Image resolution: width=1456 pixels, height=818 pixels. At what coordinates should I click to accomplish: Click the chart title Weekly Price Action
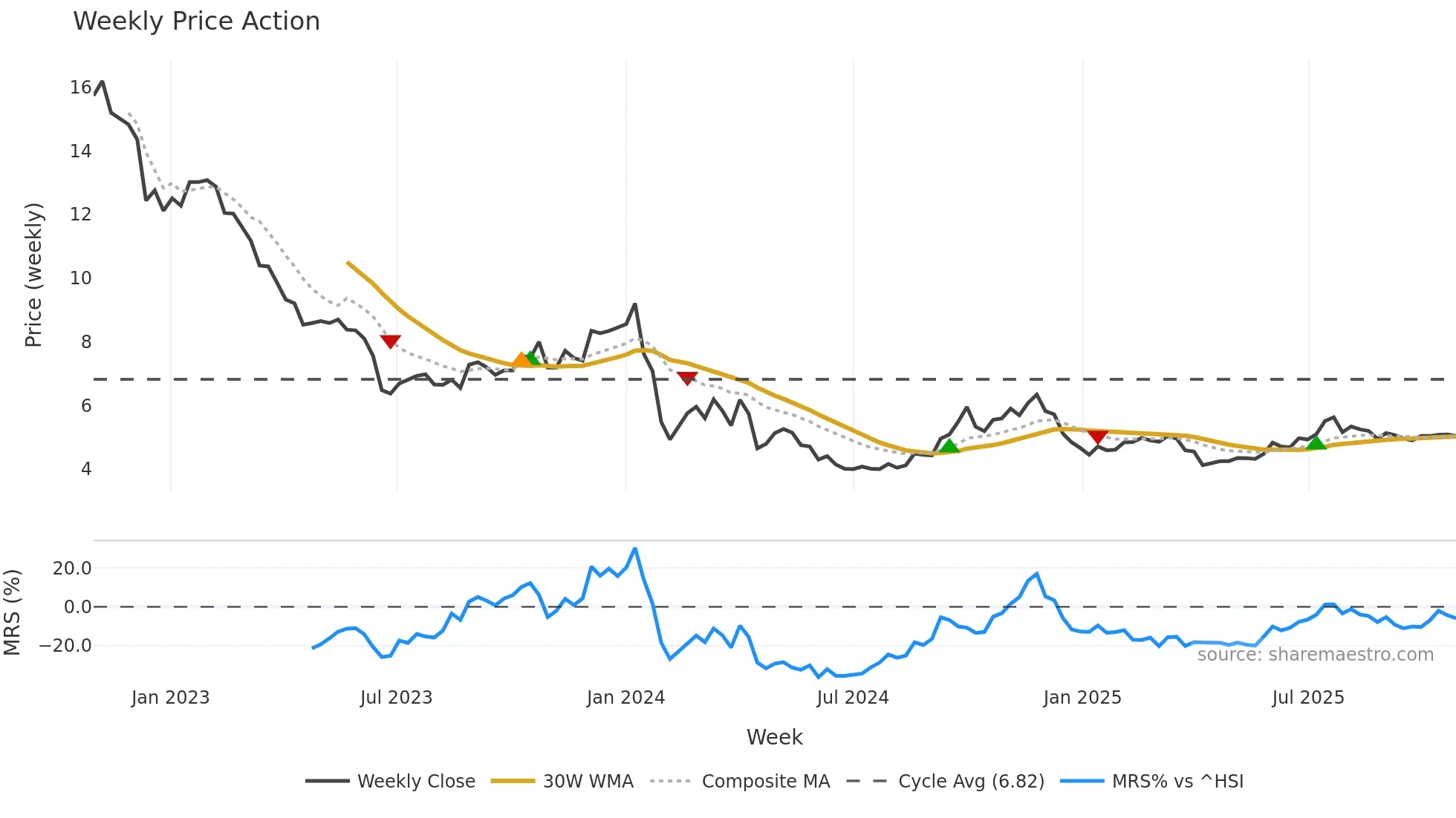tap(196, 22)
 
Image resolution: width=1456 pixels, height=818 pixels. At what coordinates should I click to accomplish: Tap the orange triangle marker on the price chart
tap(521, 360)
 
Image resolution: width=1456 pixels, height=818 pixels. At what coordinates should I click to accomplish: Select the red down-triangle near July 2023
tap(391, 341)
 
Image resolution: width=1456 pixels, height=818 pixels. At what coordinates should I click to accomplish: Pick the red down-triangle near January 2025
tap(1098, 436)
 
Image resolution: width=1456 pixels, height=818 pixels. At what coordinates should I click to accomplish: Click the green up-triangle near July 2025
tap(1316, 443)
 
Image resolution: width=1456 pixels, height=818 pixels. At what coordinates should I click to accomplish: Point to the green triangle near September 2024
tap(949, 446)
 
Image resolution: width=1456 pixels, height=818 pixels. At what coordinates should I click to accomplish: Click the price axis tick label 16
tap(80, 88)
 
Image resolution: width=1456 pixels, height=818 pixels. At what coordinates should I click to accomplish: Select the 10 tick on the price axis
tap(80, 278)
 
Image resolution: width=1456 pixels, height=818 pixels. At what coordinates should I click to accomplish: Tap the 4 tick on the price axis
tap(86, 469)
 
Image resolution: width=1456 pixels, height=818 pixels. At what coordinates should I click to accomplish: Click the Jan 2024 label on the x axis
tap(625, 698)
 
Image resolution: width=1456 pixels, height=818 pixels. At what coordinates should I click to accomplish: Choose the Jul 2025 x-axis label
tap(1307, 698)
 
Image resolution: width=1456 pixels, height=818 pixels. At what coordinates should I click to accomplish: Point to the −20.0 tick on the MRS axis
tap(65, 646)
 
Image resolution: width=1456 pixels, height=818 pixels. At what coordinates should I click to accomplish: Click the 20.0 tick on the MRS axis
tap(72, 569)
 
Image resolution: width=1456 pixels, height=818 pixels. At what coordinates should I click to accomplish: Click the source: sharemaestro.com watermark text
tap(1315, 655)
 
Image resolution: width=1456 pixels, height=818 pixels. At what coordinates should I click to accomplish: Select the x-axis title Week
tap(774, 737)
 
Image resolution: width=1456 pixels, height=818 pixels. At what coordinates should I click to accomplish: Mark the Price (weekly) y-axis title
tap(33, 275)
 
